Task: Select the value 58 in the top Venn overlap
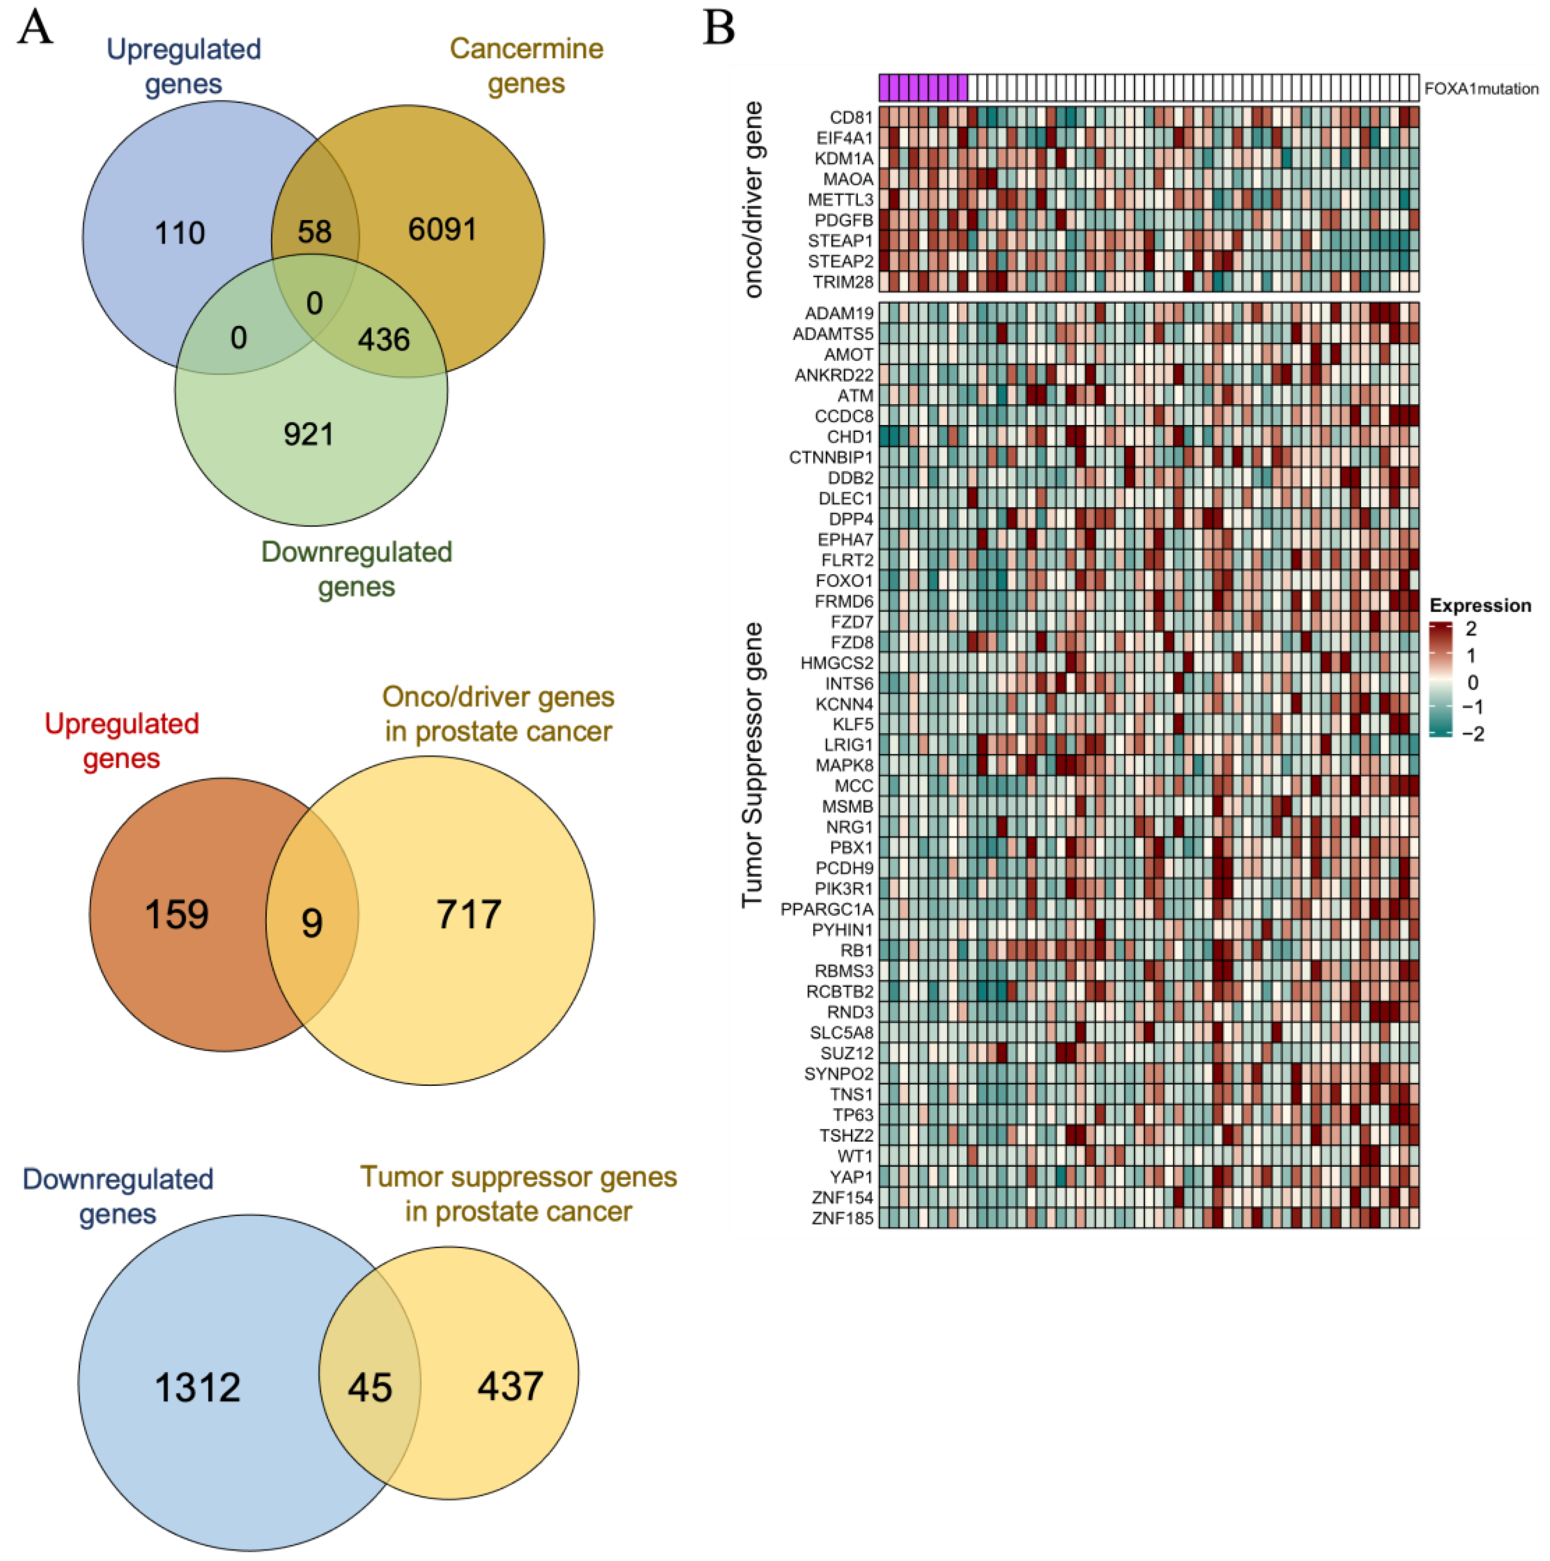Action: (x=314, y=232)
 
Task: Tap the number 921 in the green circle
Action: (x=308, y=435)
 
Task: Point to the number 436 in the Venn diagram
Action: (x=383, y=340)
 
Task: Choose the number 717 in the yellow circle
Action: (x=469, y=914)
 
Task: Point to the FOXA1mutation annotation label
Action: (x=1480, y=89)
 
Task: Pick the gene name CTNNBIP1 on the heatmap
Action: (x=831, y=457)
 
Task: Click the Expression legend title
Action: (x=1480, y=605)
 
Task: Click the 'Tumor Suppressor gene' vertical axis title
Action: (x=752, y=764)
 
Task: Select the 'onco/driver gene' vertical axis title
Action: (x=752, y=200)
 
